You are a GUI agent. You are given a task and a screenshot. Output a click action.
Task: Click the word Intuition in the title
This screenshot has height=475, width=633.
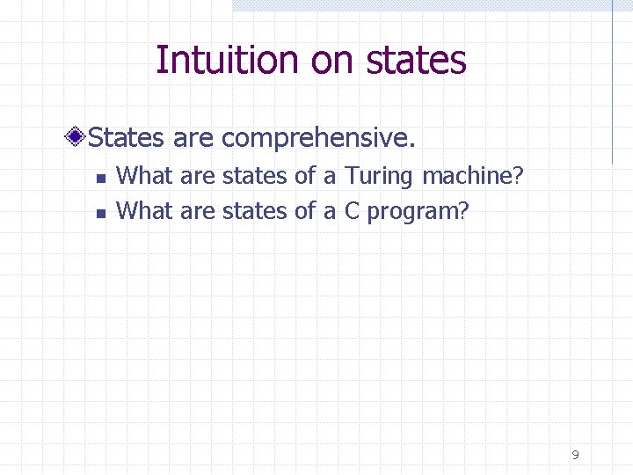(x=227, y=60)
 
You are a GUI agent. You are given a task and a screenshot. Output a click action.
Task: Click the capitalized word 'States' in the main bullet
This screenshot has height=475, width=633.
(x=128, y=138)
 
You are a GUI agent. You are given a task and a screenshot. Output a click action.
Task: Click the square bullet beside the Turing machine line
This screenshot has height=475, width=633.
(x=100, y=178)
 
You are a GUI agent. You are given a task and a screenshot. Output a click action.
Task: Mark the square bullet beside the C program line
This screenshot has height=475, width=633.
(x=100, y=212)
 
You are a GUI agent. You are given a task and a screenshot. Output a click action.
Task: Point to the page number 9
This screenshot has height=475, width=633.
(x=575, y=455)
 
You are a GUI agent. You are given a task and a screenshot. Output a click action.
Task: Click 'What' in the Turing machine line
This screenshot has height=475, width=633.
(x=145, y=176)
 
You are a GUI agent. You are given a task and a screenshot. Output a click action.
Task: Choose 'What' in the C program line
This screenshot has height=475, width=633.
(x=145, y=211)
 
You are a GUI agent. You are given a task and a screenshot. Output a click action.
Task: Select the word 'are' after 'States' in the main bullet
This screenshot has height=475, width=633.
(x=193, y=138)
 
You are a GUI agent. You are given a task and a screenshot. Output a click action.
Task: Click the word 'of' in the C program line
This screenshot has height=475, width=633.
(x=305, y=211)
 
